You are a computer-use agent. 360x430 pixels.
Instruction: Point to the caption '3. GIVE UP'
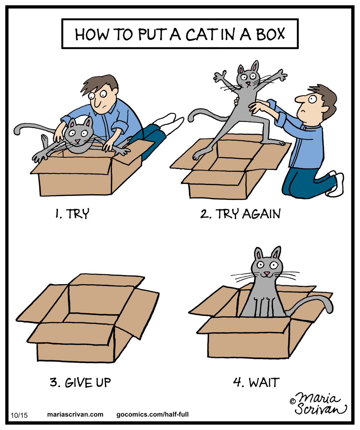click(80, 382)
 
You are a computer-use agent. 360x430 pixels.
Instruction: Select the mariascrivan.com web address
click(75, 415)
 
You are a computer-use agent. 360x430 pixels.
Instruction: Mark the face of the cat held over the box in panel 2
click(247, 77)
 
